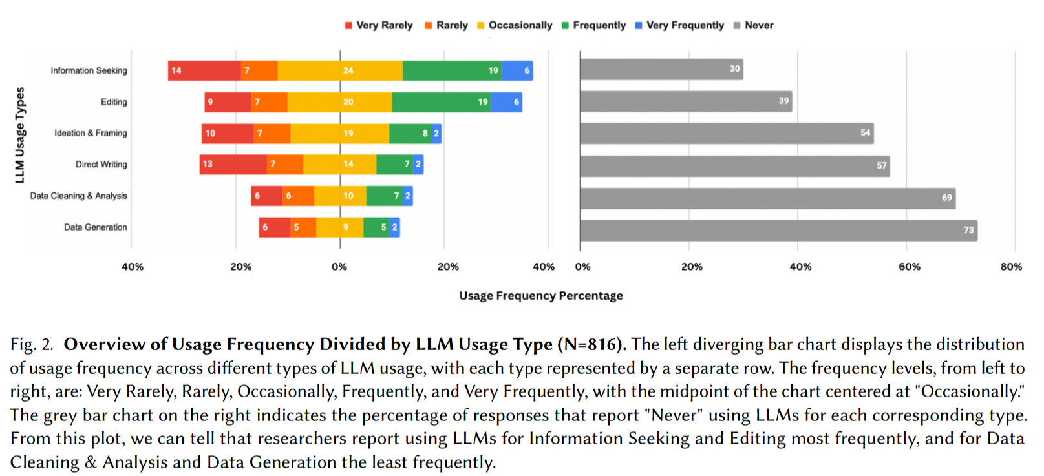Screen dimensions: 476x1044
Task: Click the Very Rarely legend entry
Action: tap(379, 25)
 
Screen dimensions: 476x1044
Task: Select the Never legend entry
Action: tap(754, 25)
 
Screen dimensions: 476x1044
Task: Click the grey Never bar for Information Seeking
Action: tap(661, 69)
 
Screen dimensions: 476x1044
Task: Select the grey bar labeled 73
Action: tap(778, 230)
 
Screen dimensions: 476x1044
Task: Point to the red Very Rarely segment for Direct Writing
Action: tap(233, 164)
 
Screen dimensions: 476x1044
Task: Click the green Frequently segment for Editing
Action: tap(441, 102)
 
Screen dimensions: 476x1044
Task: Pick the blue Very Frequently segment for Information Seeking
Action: tap(517, 70)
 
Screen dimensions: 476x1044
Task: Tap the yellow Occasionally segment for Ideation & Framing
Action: tap(339, 133)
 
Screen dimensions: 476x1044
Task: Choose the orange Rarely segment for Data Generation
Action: tap(303, 227)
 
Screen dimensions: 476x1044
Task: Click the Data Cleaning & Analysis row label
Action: tap(78, 196)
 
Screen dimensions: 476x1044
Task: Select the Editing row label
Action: tap(114, 102)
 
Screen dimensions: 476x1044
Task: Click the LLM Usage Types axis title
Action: tap(20, 135)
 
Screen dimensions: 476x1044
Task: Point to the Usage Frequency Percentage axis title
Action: tap(541, 296)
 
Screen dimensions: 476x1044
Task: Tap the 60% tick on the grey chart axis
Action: tap(909, 267)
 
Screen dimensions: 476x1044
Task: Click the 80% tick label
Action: tap(1011, 267)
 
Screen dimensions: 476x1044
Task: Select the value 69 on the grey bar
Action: tap(947, 198)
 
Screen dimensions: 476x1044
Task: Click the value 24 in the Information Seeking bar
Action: tap(348, 70)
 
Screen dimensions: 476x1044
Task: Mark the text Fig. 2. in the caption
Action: tap(32, 344)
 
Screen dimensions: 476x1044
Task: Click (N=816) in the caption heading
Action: tap(591, 344)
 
